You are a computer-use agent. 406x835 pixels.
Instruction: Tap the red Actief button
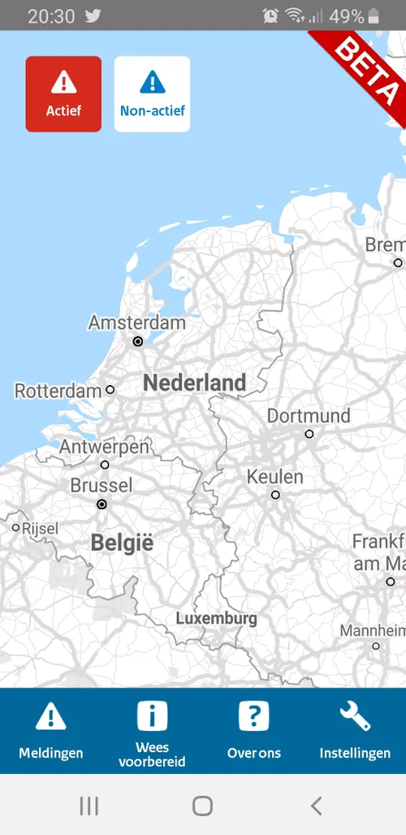[x=63, y=93]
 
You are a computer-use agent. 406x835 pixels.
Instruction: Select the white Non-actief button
[x=152, y=93]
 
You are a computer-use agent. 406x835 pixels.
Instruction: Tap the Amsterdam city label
[x=136, y=322]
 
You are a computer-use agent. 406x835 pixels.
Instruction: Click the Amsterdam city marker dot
[x=138, y=342]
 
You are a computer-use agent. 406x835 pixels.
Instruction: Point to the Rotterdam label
[x=58, y=391]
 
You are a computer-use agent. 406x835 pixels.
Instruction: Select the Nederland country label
[x=194, y=383]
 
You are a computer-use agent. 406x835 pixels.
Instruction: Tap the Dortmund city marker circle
[x=309, y=435]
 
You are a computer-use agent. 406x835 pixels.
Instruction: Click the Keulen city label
[x=275, y=476]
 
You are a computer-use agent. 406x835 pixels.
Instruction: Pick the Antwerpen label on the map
[x=104, y=447]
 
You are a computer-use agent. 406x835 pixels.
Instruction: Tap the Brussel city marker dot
[x=101, y=504]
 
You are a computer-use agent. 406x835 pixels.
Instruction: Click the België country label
[x=122, y=543]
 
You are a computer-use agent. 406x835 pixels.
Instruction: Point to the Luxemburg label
[x=216, y=618]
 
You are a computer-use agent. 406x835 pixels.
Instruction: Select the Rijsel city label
[x=40, y=529]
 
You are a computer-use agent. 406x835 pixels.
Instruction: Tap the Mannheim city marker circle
[x=375, y=647]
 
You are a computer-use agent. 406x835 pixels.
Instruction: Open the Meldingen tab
[x=51, y=731]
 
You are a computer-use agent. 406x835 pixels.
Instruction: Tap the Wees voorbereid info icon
[x=152, y=716]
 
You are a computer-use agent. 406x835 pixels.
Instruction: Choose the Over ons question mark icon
[x=253, y=716]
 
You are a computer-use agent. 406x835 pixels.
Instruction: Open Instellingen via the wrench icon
[x=355, y=716]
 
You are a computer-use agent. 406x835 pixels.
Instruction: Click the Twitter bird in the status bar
[x=93, y=15]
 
